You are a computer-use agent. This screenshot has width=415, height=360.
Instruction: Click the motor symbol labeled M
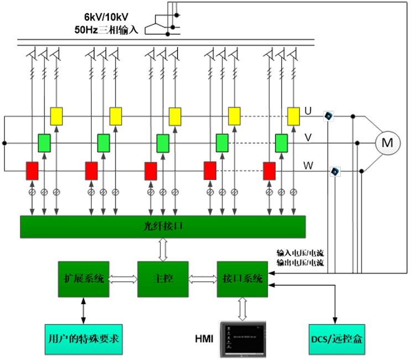pyautogui.click(x=388, y=143)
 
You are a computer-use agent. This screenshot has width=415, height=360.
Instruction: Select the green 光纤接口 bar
pyautogui.click(x=163, y=227)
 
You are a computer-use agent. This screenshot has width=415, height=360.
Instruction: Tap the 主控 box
pyautogui.click(x=163, y=279)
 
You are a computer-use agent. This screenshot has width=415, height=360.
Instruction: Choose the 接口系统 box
pyautogui.click(x=242, y=279)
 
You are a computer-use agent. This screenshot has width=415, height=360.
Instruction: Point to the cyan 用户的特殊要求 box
pyautogui.click(x=84, y=338)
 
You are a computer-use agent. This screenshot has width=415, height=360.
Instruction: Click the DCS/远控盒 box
pyautogui.click(x=336, y=338)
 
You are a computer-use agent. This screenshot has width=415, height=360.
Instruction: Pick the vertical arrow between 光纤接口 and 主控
pyautogui.click(x=163, y=249)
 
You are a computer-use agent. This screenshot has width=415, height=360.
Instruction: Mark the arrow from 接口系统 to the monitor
pyautogui.click(x=242, y=309)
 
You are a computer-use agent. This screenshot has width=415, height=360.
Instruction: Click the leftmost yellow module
pyautogui.click(x=56, y=116)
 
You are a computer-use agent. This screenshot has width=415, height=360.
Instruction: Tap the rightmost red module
pyautogui.click(x=269, y=171)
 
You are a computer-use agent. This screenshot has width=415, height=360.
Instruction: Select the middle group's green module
pyautogui.click(x=163, y=143)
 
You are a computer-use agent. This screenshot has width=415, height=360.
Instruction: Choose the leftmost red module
pyautogui.click(x=32, y=171)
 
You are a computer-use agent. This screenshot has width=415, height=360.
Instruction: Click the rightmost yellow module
pyautogui.click(x=294, y=116)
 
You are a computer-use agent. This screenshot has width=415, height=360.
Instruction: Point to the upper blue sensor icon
pyautogui.click(x=328, y=116)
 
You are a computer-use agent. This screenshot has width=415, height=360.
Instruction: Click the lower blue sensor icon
pyautogui.click(x=335, y=171)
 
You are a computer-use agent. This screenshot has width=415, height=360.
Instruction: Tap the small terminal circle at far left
pyautogui.click(x=5, y=143)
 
